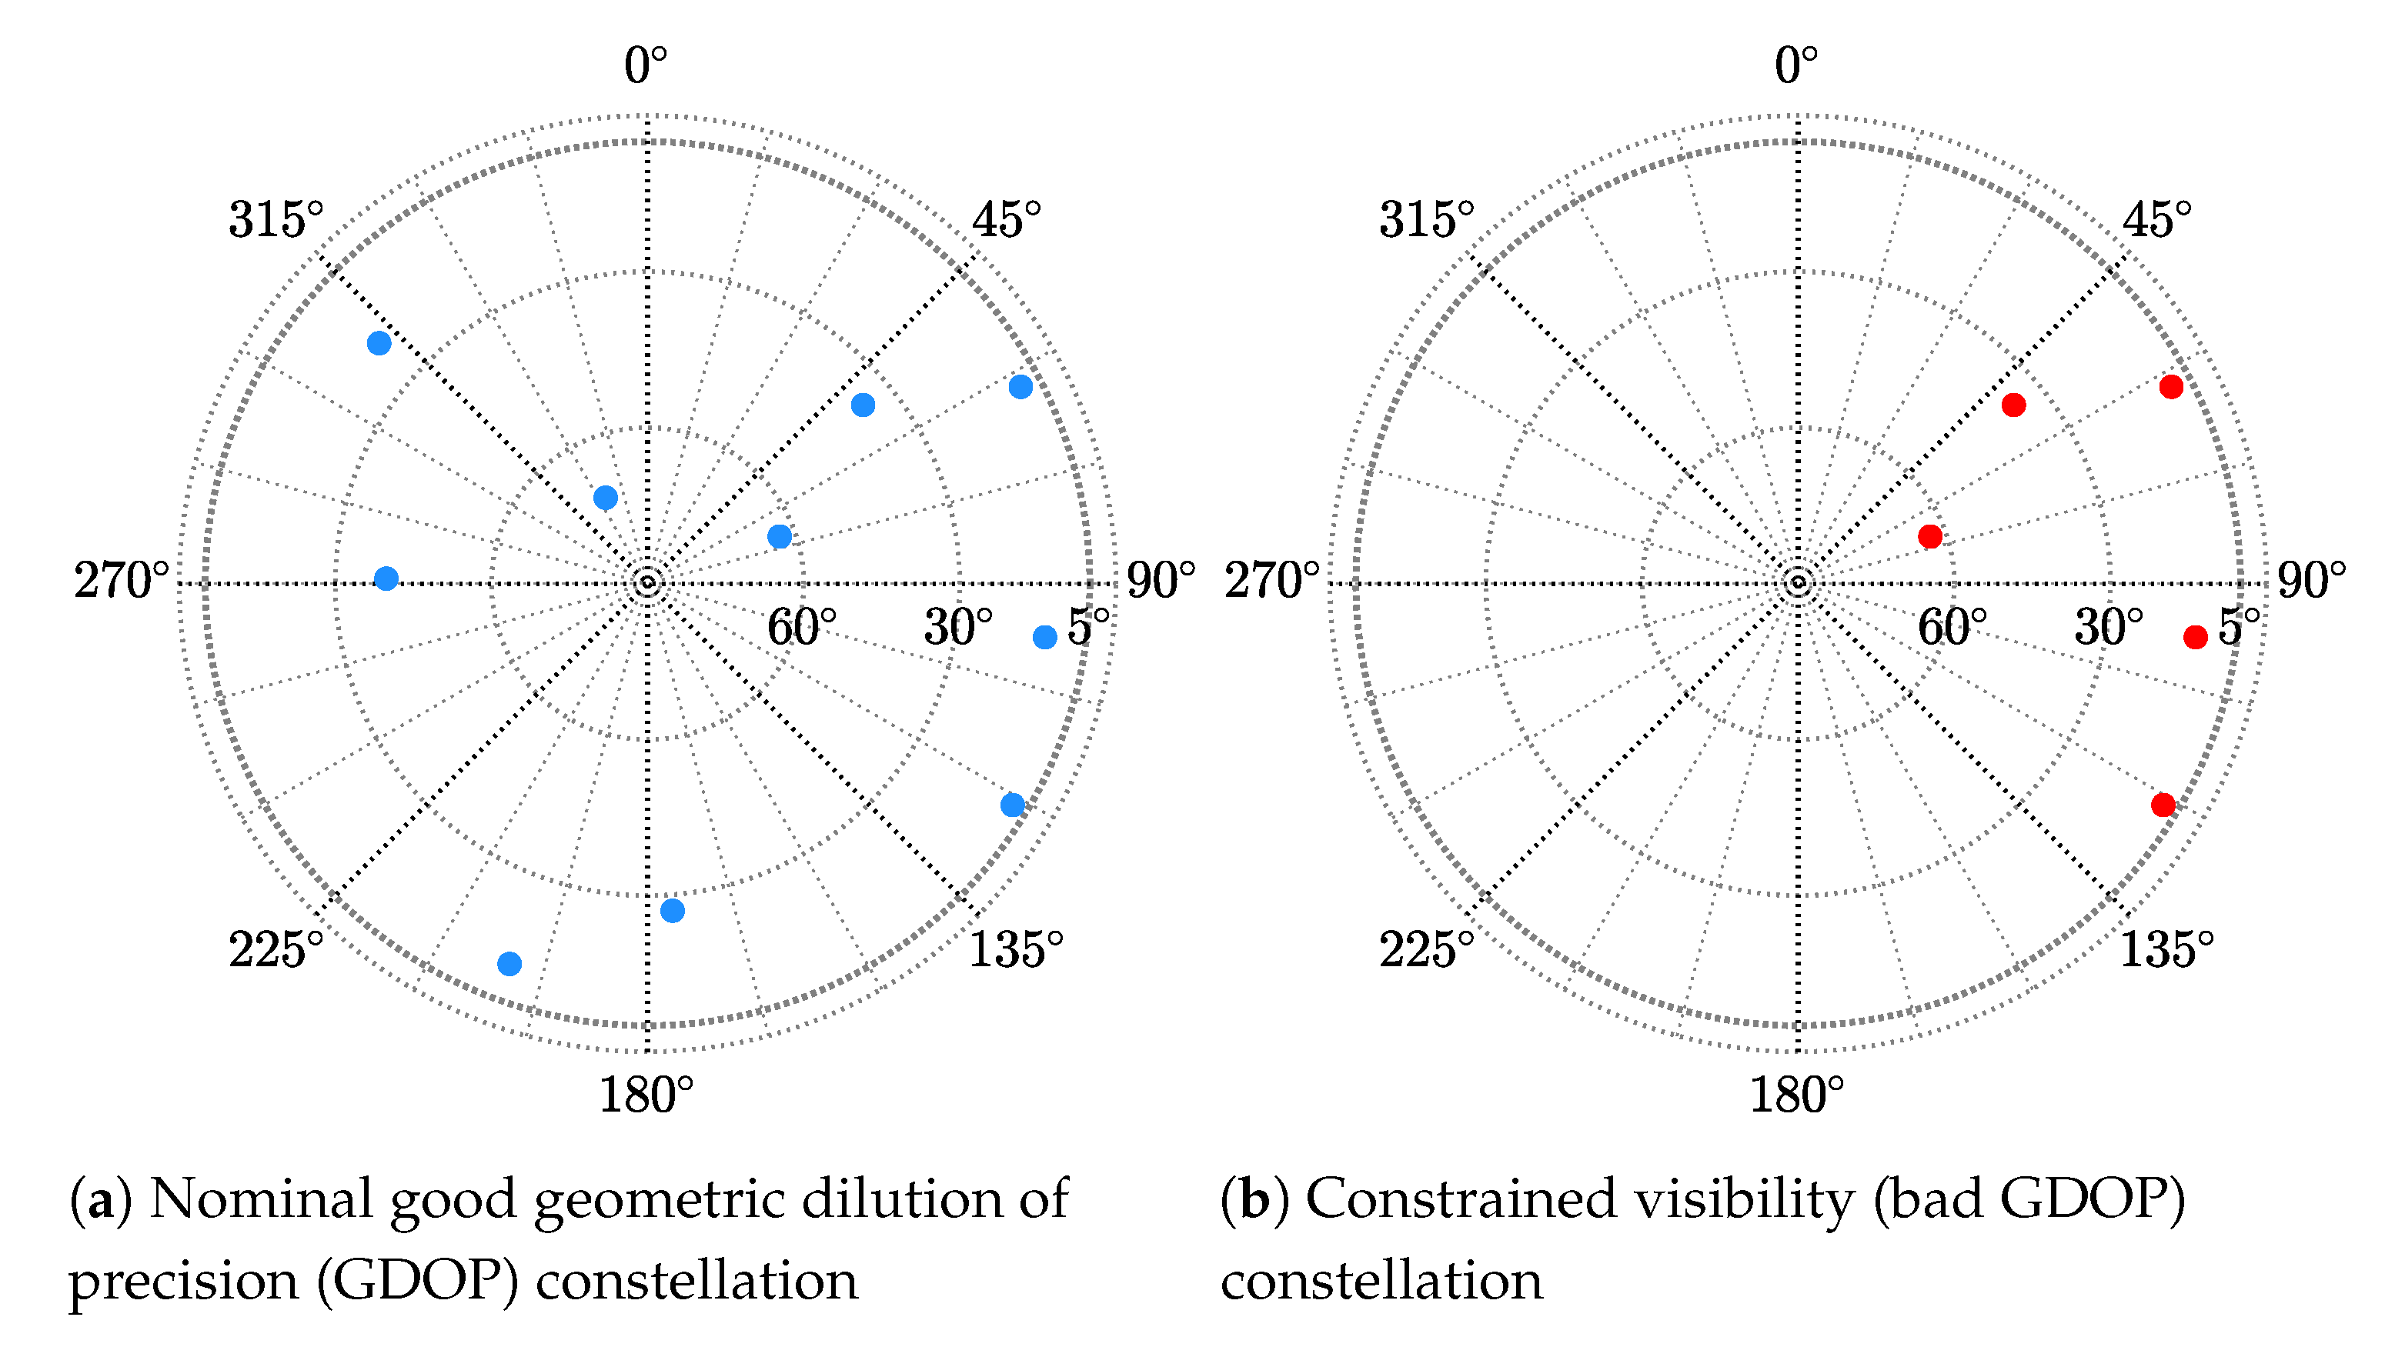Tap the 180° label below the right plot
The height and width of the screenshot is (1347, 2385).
1795,1095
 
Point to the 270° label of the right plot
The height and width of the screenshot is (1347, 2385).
1271,582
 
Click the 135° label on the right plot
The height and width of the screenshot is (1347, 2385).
2166,950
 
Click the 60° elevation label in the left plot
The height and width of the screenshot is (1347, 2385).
801,628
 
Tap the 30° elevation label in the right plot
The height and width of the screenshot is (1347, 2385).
2108,628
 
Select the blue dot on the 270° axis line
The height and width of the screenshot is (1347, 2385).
386,578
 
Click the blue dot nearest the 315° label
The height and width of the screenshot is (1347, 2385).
379,343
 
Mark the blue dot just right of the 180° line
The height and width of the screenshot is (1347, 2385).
672,911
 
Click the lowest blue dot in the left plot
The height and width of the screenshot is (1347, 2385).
509,964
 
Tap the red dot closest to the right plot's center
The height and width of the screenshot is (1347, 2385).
1929,536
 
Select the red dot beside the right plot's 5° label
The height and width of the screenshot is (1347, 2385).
2195,637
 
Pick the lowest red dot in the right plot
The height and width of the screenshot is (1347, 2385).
2163,805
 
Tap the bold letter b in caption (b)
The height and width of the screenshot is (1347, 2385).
1254,1200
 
